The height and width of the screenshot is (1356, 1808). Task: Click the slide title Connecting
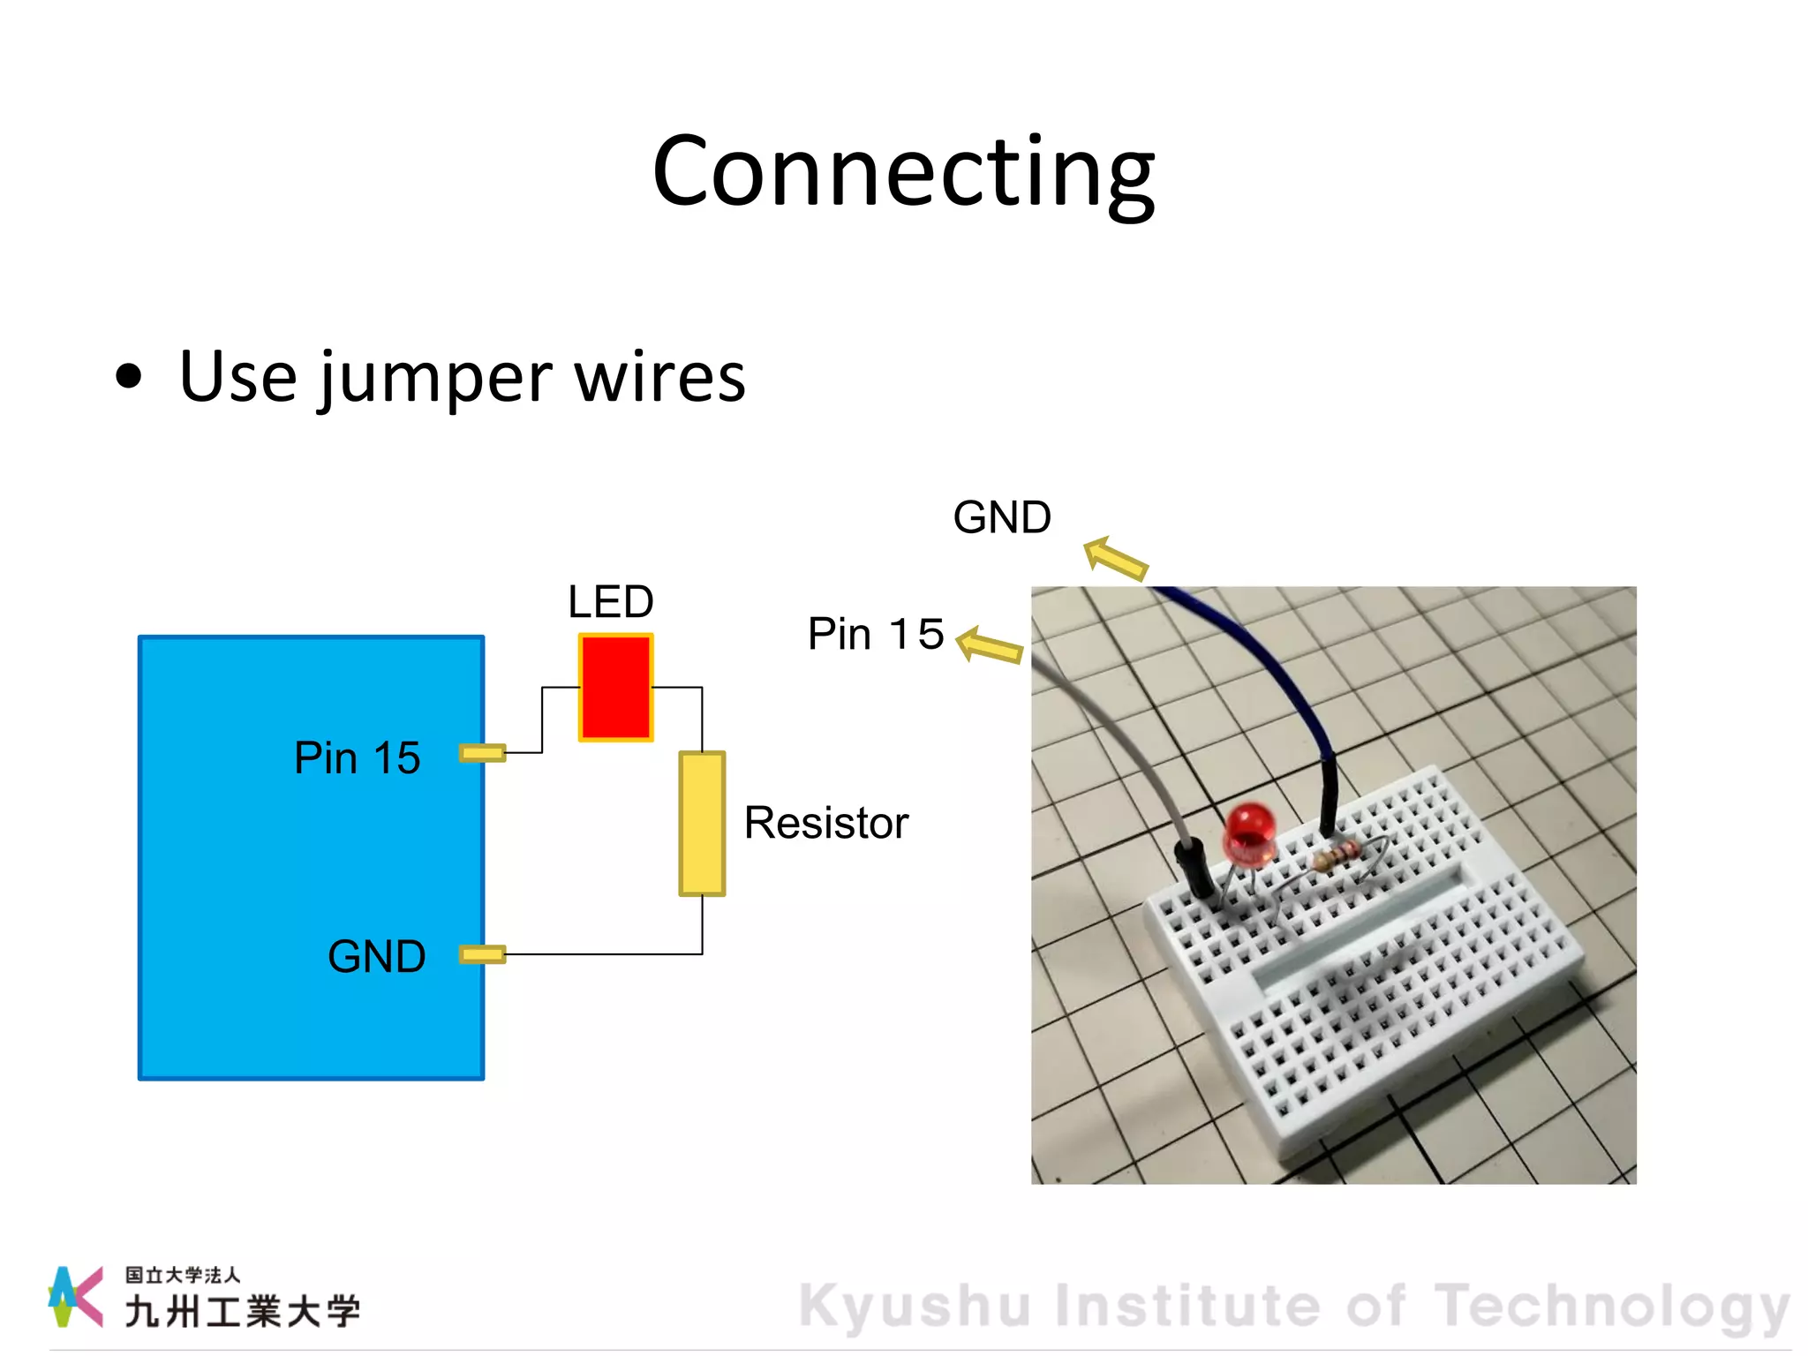point(903,172)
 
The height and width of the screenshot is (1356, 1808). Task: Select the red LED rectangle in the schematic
point(615,687)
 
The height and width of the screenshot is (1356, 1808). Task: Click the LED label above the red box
point(610,602)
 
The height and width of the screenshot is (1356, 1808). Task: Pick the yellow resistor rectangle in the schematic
point(702,823)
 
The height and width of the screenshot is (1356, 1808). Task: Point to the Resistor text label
point(825,823)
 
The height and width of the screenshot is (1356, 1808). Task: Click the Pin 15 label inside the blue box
point(357,757)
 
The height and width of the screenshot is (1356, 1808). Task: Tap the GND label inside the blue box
point(376,956)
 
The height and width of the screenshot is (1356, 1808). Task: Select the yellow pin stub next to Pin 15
point(482,753)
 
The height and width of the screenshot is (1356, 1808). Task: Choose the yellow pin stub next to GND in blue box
point(482,954)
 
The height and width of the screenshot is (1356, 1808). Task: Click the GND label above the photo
point(1002,517)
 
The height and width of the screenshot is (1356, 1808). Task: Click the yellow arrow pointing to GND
point(1115,559)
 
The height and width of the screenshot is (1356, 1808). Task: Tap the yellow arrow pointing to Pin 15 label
point(989,646)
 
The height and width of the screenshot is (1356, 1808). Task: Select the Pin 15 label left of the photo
point(875,634)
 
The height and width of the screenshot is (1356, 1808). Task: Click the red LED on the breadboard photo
point(1248,832)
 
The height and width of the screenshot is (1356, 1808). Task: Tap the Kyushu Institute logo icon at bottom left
point(74,1296)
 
